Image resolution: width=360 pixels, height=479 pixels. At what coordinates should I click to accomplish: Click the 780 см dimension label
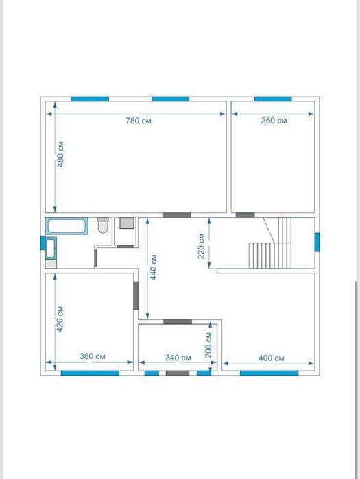point(139,121)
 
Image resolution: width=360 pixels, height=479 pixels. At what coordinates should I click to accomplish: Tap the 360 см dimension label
point(274,121)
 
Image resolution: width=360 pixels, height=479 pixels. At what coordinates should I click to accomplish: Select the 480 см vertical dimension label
point(60,154)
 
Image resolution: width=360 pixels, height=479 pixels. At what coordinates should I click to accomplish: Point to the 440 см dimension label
point(154,267)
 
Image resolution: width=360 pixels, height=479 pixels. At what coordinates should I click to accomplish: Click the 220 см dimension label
point(201,246)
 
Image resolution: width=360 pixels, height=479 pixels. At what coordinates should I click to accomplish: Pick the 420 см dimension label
point(60,319)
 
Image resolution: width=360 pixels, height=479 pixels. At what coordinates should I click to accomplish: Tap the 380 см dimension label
point(93,356)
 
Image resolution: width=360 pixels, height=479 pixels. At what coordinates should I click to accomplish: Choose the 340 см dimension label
point(178,358)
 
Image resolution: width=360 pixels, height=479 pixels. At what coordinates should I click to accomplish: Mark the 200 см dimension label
point(208,345)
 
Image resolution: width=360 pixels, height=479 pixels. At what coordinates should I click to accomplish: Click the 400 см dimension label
point(272,358)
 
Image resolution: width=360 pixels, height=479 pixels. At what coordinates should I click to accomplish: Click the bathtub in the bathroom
point(67,226)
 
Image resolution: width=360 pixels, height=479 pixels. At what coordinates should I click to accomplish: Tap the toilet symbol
point(103,225)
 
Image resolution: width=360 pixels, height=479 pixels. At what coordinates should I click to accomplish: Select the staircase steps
point(270,243)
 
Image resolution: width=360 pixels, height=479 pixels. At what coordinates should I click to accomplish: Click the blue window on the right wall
point(317,243)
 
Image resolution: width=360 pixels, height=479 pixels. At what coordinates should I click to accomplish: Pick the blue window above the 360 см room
point(273,99)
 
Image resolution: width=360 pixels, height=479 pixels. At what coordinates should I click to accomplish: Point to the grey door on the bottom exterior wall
point(178,373)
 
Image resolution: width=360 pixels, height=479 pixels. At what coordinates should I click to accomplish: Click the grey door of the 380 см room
point(136,295)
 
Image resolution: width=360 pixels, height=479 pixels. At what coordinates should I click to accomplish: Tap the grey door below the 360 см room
point(245,215)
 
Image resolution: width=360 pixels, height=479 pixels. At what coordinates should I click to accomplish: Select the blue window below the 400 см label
point(269,373)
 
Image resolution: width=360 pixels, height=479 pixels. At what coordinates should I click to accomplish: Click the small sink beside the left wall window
point(51,247)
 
